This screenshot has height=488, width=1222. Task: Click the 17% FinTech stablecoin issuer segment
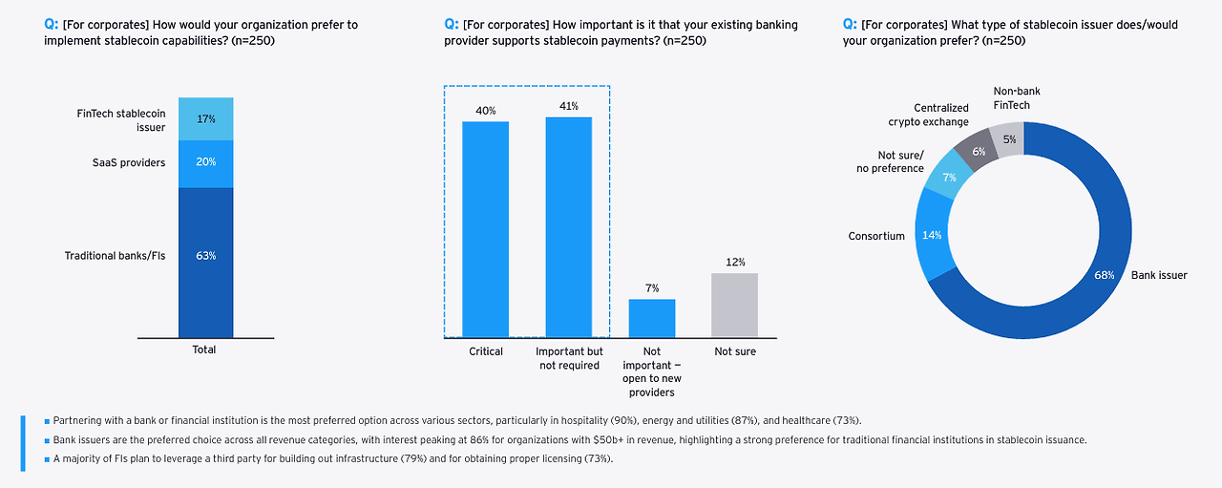(x=205, y=119)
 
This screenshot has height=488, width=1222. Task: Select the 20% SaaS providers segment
(x=205, y=163)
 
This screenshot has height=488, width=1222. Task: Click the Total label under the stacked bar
(x=204, y=350)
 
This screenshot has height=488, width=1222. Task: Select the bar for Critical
(x=486, y=229)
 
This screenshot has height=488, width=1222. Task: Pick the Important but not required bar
(x=568, y=227)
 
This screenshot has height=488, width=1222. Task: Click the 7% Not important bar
(x=651, y=318)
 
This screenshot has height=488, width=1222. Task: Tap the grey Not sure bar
(x=735, y=305)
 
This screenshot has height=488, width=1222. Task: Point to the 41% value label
(x=568, y=107)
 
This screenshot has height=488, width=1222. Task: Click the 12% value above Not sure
(x=735, y=262)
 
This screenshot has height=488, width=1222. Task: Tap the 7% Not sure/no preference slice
(x=949, y=179)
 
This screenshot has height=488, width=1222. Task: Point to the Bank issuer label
(x=1159, y=275)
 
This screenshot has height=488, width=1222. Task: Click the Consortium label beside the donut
(x=876, y=236)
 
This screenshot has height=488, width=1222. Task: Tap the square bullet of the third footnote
(x=47, y=459)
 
